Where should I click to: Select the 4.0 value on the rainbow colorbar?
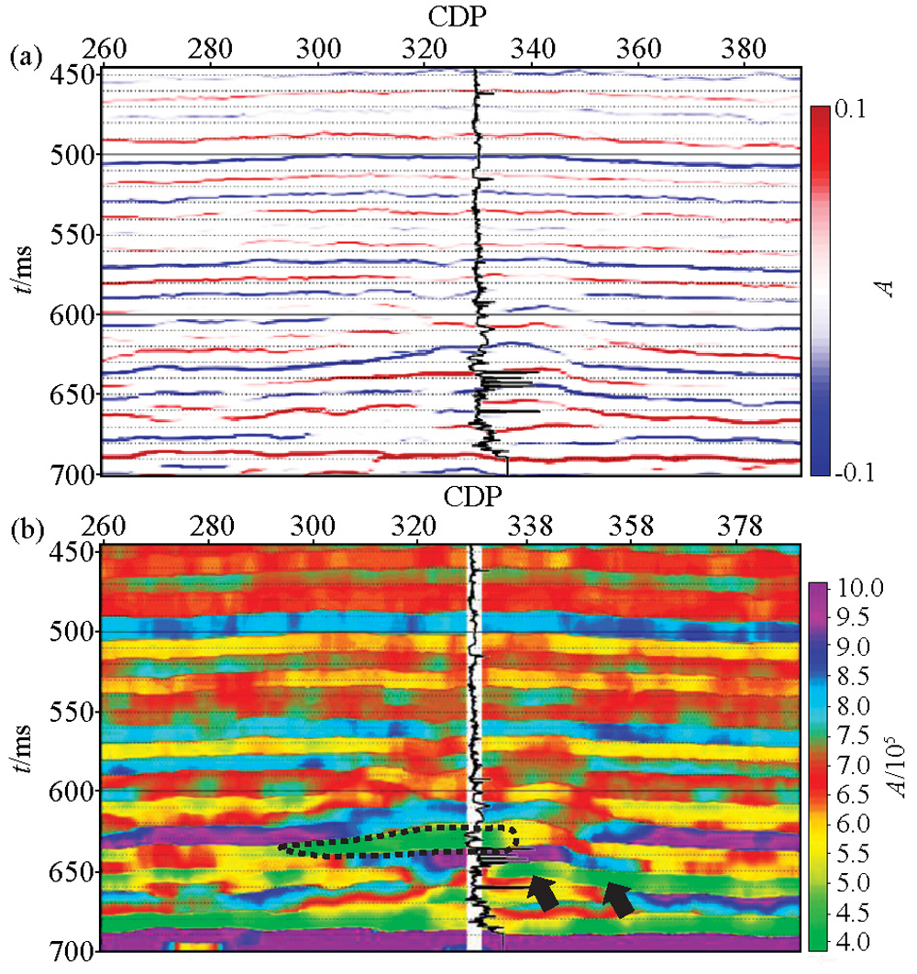pos(854,942)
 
